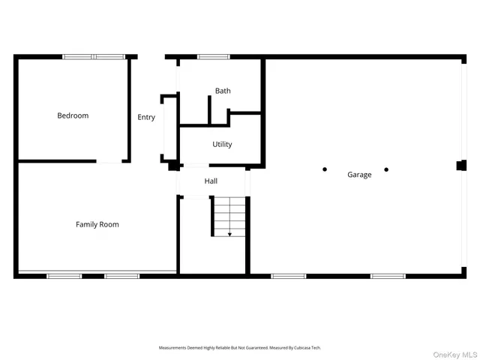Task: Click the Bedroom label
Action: tap(73, 115)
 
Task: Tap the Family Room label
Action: tap(97, 224)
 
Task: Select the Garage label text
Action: tap(359, 175)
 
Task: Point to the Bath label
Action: tap(223, 91)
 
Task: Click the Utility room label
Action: tap(222, 144)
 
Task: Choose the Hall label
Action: tap(211, 181)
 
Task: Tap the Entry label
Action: tap(146, 117)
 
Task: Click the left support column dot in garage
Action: tap(325, 169)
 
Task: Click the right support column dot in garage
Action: tap(386, 169)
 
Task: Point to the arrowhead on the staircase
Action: tap(229, 234)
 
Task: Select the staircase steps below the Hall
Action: tap(229, 217)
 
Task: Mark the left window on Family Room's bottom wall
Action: tap(64, 276)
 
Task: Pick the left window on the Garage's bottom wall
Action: tap(289, 276)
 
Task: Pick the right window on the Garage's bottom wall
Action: tap(388, 276)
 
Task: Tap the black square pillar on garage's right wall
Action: tap(460, 166)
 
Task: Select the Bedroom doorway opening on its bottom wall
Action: tap(111, 161)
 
